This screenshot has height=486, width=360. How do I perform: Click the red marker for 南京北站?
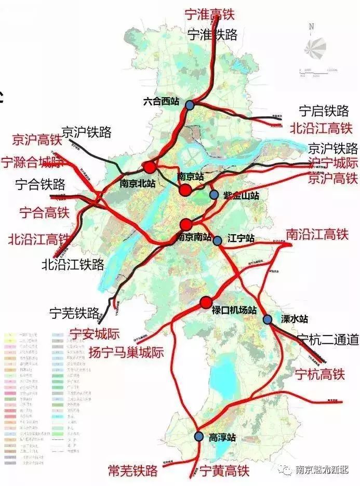[x=150, y=167]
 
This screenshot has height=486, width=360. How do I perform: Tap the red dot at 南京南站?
[x=186, y=224]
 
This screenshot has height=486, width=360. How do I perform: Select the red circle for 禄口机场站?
[x=206, y=302]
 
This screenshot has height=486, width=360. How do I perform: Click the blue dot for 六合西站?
[x=190, y=105]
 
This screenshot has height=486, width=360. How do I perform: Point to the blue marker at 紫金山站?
[x=214, y=195]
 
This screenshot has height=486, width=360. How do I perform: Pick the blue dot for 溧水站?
[x=268, y=319]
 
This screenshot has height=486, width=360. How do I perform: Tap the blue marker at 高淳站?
[x=198, y=437]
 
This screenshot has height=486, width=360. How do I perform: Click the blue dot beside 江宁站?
[x=218, y=240]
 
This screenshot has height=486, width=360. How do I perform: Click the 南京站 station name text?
[x=190, y=177]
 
